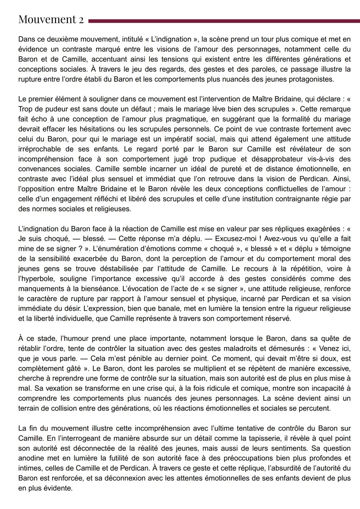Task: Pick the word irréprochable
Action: pos(39,149)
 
